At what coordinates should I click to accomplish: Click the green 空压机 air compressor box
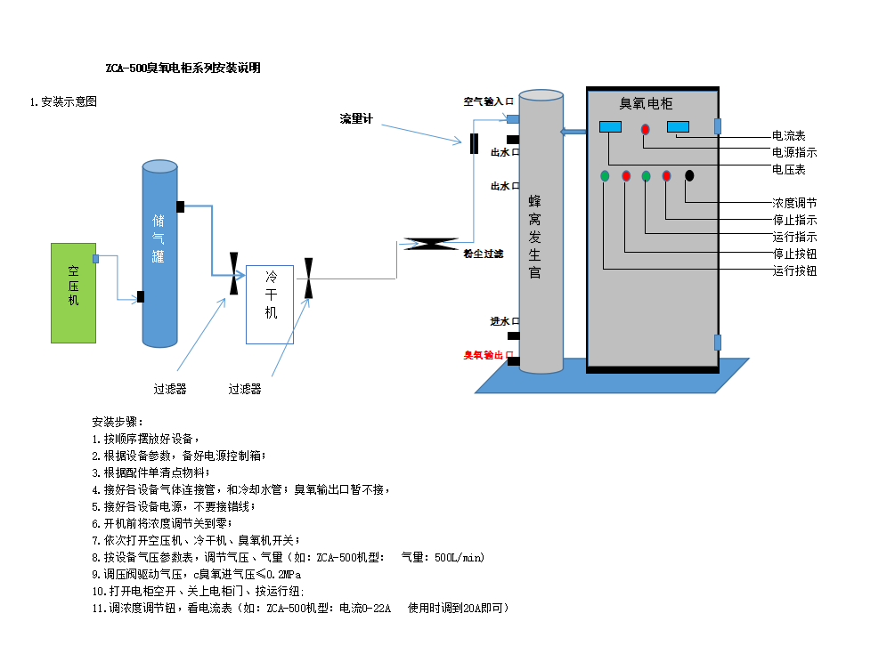pos(73,293)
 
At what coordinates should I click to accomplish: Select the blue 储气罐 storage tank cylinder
pos(159,254)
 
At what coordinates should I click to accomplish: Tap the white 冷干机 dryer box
pos(270,304)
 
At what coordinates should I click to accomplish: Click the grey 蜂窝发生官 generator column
pos(541,231)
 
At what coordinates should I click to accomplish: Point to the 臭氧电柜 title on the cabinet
pos(651,103)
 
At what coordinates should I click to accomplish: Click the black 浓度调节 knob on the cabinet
pos(689,175)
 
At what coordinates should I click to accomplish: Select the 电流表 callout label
pos(789,136)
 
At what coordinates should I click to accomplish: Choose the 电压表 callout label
pos(789,169)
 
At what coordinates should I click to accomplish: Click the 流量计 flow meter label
pos(356,118)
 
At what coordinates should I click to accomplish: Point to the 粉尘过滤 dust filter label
pos(484,254)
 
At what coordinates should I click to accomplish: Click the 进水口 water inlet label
pos(503,321)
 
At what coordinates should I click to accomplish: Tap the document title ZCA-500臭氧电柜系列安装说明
pos(183,69)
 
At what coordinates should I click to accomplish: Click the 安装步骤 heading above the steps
pos(117,421)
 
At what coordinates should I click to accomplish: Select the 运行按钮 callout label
pos(794,270)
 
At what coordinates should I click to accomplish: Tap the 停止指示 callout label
pos(794,220)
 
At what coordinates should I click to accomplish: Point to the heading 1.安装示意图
pos(63,101)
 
